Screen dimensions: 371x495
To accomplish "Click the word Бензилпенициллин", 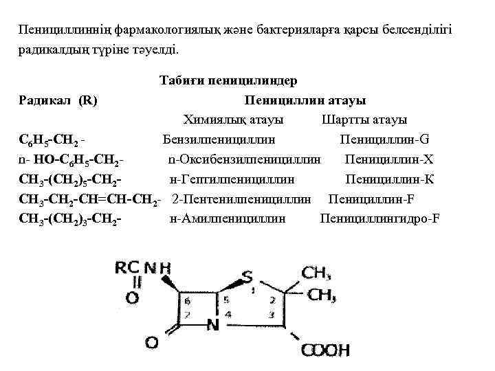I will (x=219, y=140).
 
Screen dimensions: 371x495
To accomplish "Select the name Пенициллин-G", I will (x=385, y=140).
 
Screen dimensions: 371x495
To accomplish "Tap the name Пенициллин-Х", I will (x=390, y=160).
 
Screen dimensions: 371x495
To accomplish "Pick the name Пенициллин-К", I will (x=390, y=180).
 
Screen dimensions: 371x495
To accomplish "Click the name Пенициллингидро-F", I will (x=380, y=219).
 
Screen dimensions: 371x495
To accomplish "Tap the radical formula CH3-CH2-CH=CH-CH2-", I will (x=91, y=200).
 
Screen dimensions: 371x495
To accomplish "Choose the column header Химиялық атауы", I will (x=233, y=120).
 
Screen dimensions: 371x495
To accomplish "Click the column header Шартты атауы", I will (x=364, y=120).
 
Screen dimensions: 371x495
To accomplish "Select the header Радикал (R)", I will (x=58, y=100).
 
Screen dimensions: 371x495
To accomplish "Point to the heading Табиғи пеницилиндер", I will (x=228, y=80).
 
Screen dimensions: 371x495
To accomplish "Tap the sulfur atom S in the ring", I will (x=246, y=278).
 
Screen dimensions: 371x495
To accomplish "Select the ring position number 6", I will (x=186, y=300).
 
